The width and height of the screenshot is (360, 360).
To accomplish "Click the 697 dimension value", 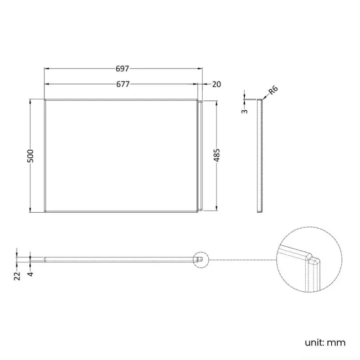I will [x=122, y=69].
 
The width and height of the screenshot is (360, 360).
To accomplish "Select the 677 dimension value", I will [x=122, y=84].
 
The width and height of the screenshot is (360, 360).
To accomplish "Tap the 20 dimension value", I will [x=216, y=84].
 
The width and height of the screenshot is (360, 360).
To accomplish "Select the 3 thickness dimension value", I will [x=244, y=110].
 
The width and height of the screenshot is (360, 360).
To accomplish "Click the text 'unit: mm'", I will [x=324, y=342].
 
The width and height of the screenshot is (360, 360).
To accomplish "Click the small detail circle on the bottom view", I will [x=201, y=259].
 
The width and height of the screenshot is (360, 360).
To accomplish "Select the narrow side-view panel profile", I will [x=260, y=156].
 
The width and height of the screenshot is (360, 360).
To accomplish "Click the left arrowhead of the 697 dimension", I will [x=47, y=69].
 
